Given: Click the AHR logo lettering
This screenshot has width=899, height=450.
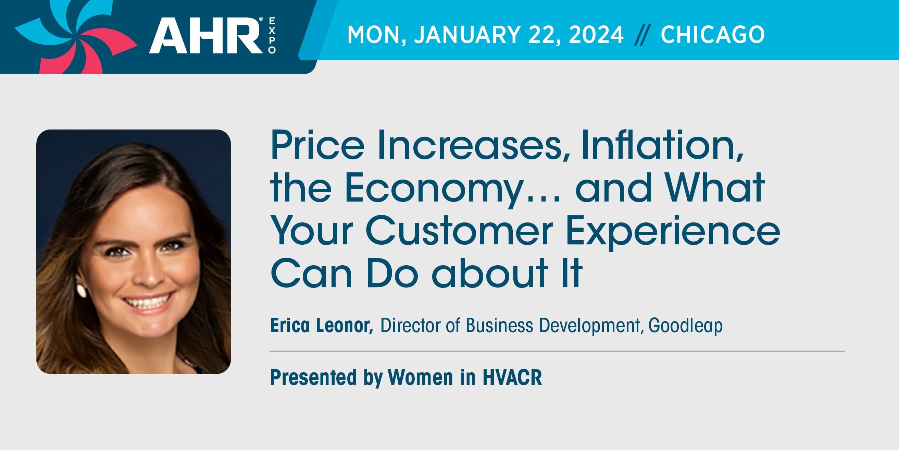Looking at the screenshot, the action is (206, 36).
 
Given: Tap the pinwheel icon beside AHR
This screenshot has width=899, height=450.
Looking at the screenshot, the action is (75, 37).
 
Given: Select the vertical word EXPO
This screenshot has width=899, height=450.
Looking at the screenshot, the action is (272, 36).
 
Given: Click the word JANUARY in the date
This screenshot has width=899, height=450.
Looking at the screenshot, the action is (467, 35).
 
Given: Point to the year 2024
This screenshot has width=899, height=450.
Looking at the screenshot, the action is (596, 35).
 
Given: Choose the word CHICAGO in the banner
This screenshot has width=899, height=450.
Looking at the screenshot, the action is (713, 35).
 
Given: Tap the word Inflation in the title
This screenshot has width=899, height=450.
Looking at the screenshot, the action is (662, 145).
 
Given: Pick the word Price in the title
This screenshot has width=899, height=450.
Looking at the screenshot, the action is (317, 145).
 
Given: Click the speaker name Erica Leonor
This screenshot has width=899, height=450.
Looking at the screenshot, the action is (322, 325).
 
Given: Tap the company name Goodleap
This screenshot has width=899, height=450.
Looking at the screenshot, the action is (685, 326).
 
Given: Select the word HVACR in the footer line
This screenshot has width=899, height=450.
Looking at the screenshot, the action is (512, 377).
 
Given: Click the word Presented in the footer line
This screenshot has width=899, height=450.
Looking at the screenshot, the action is (313, 377).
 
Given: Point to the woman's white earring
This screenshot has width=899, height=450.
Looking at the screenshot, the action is (82, 291).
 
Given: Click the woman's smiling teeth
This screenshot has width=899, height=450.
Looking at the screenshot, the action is (147, 301).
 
